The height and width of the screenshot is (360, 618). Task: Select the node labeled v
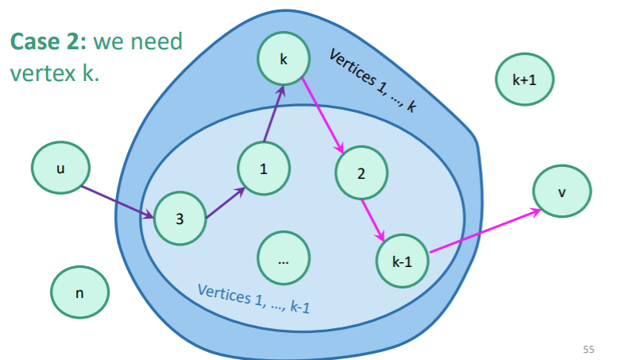pos(562,192)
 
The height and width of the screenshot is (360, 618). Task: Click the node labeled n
pos(79,292)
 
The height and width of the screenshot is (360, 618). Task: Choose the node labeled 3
pos(180,218)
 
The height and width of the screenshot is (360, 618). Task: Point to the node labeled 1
pos(263,168)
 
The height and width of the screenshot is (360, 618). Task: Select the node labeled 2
pos(361,173)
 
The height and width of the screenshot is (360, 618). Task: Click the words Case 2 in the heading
pos(44,41)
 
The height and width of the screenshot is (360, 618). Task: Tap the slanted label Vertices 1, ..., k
pos(373,80)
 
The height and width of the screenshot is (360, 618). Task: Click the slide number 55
pos(588,349)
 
